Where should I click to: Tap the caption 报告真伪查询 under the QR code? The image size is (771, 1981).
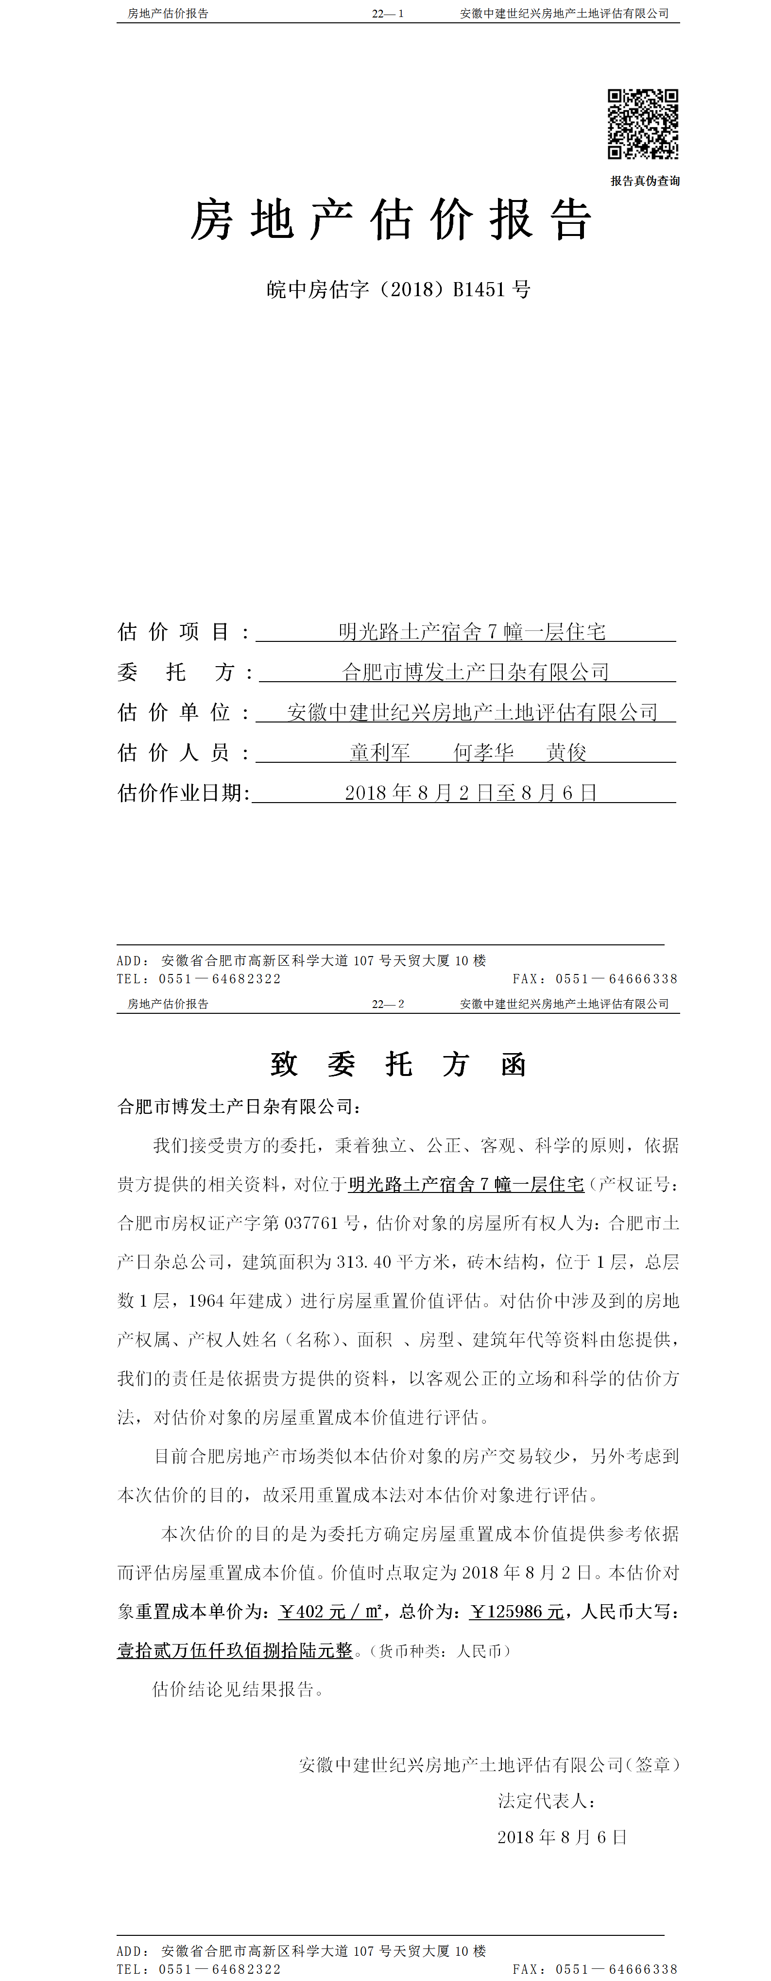[x=645, y=181]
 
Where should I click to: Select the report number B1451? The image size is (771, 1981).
[x=479, y=290]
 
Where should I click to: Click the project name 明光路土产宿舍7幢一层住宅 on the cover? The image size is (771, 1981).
[x=472, y=632]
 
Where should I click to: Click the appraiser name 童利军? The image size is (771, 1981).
[x=380, y=752]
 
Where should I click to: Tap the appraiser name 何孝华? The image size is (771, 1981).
[x=483, y=752]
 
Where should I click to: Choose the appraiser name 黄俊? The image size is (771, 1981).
[x=566, y=752]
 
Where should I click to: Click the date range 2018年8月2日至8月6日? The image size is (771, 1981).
[x=471, y=793]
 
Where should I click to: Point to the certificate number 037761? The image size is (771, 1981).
[x=311, y=1224]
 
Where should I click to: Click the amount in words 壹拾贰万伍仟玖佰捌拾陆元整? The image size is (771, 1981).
[x=235, y=1650]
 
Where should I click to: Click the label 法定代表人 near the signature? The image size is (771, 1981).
[x=544, y=1801]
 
